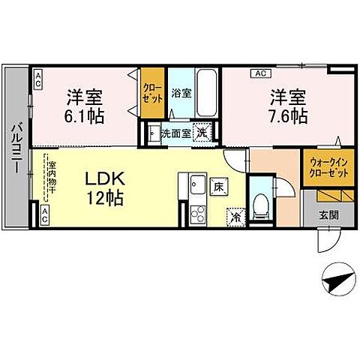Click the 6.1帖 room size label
tap(85, 118)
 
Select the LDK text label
tap(103, 181)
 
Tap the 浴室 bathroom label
tap(181, 94)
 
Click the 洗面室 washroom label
tap(175, 134)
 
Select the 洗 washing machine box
tap(202, 133)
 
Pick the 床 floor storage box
tap(217, 184)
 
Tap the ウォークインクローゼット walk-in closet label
tap(327, 167)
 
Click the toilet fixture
tap(259, 203)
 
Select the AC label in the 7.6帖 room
tap(261, 73)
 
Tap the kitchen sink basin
tap(197, 184)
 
